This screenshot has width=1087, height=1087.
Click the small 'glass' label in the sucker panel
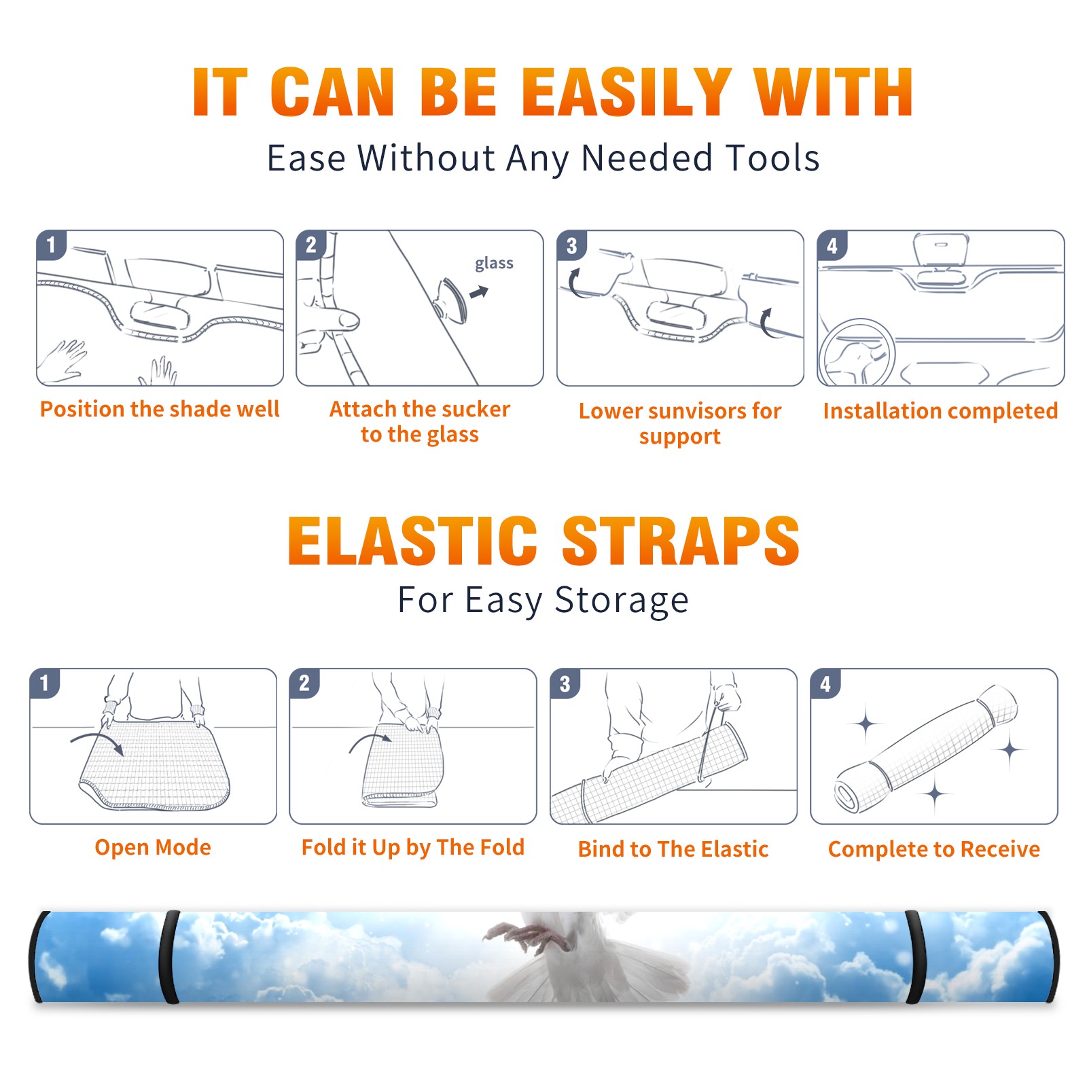pos(494,264)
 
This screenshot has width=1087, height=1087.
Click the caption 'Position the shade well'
pos(160,409)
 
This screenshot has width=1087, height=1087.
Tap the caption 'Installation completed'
pos(940,411)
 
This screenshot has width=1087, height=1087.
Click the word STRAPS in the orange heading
pos(681,541)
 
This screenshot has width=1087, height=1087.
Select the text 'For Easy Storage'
pos(543,601)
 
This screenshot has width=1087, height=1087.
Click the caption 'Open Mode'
pos(153,847)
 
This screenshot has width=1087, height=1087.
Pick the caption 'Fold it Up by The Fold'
pos(413,848)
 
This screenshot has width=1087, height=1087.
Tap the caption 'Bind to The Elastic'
pos(673,849)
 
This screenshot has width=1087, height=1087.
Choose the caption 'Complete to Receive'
pos(934,849)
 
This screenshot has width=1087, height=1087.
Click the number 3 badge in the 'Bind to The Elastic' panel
pos(565,683)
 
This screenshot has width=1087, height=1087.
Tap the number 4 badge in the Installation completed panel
pos(832,245)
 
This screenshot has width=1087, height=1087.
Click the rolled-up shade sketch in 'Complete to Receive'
pos(926,749)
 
